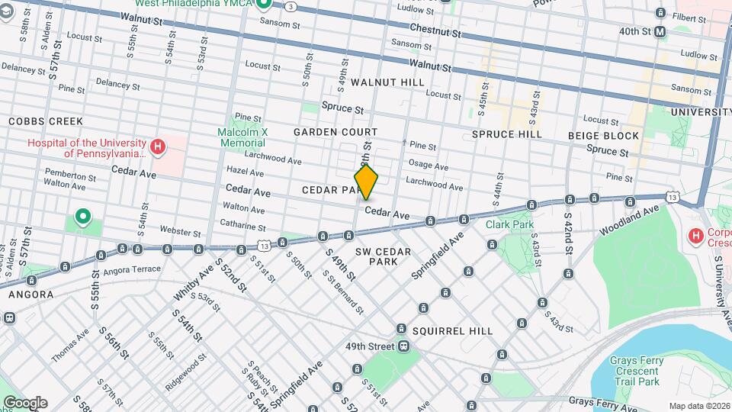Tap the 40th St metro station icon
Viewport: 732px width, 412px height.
coord(660,32)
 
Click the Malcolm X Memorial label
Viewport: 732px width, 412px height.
coord(243,137)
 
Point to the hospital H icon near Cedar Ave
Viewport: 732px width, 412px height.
coord(158,146)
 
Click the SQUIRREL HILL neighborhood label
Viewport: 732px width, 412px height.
coord(452,331)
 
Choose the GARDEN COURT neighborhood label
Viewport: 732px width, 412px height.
coord(335,133)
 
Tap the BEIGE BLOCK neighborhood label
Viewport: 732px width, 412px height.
coord(603,136)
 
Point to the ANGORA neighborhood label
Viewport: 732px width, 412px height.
coord(30,295)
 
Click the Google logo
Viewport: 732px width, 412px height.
coord(25,403)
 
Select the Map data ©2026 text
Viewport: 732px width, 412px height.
coord(698,406)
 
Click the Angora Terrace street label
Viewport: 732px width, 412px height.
coord(133,269)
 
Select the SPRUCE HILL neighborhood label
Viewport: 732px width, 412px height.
coord(506,134)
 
